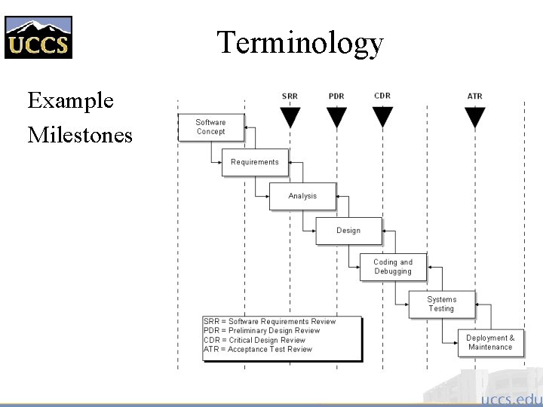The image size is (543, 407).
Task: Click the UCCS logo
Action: click(38, 37)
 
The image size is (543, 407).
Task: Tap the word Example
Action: click(70, 100)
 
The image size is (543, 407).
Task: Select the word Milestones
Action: click(80, 135)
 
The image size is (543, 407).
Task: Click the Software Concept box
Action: click(210, 127)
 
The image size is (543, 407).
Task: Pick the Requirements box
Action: click(255, 162)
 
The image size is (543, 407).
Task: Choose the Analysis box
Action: click(302, 196)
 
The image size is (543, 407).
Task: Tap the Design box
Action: click(348, 231)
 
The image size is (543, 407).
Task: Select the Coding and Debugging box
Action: click(393, 267)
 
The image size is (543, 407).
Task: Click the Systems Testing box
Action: click(442, 304)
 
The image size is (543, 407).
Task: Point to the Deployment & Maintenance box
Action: click(490, 342)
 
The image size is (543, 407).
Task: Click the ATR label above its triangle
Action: click(475, 96)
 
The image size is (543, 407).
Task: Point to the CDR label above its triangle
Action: click(382, 96)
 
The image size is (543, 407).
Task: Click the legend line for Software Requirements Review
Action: click(270, 322)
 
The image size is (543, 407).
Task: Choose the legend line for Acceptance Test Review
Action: click(258, 349)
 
